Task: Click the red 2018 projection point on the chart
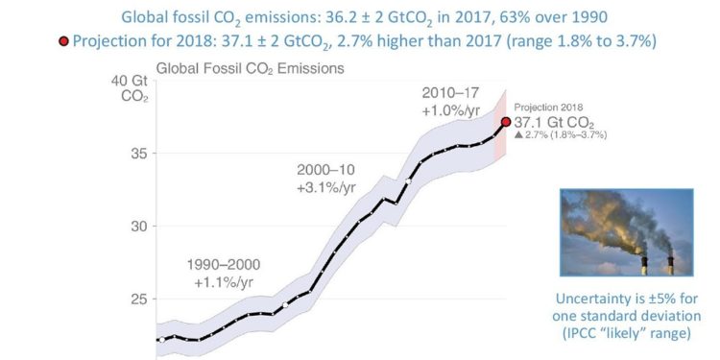click(506, 122)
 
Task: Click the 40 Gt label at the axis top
click(126, 81)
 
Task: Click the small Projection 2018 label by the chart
click(548, 108)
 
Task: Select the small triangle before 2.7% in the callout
click(519, 136)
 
